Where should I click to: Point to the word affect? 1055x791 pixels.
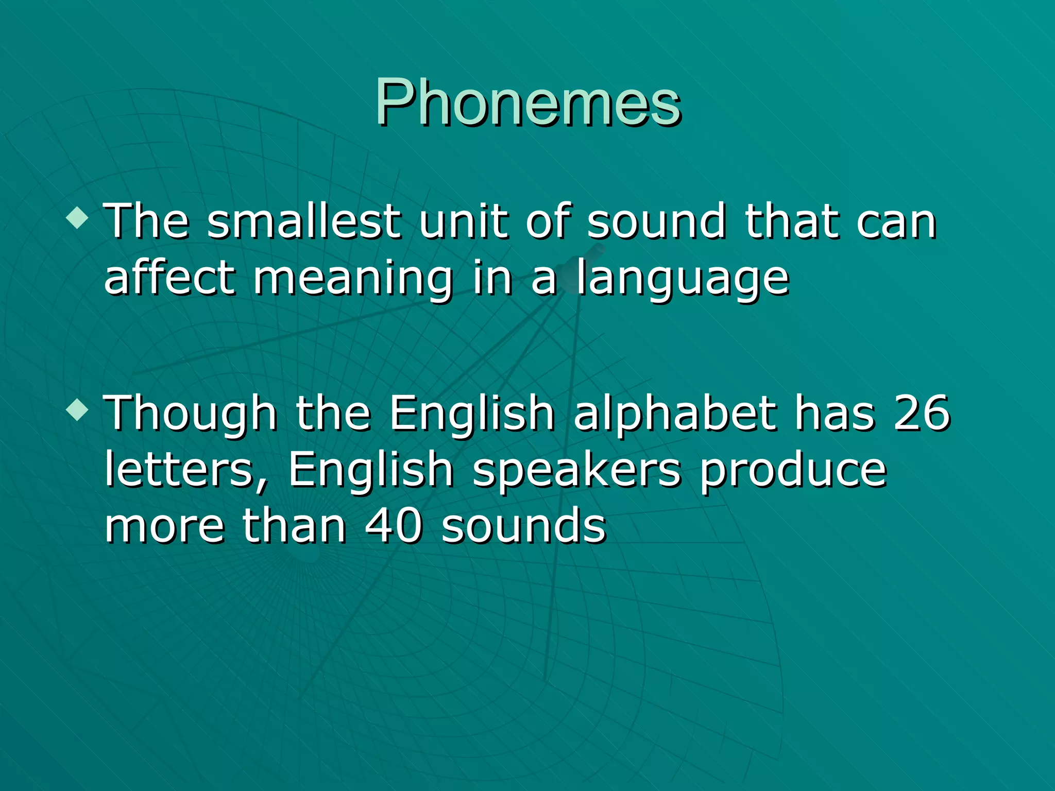click(169, 278)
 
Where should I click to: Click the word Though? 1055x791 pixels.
click(191, 415)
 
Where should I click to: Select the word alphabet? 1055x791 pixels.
click(675, 415)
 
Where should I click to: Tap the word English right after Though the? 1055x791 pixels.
click(471, 415)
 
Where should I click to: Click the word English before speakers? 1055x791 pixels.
click(370, 471)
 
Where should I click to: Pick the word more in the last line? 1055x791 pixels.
click(165, 527)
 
